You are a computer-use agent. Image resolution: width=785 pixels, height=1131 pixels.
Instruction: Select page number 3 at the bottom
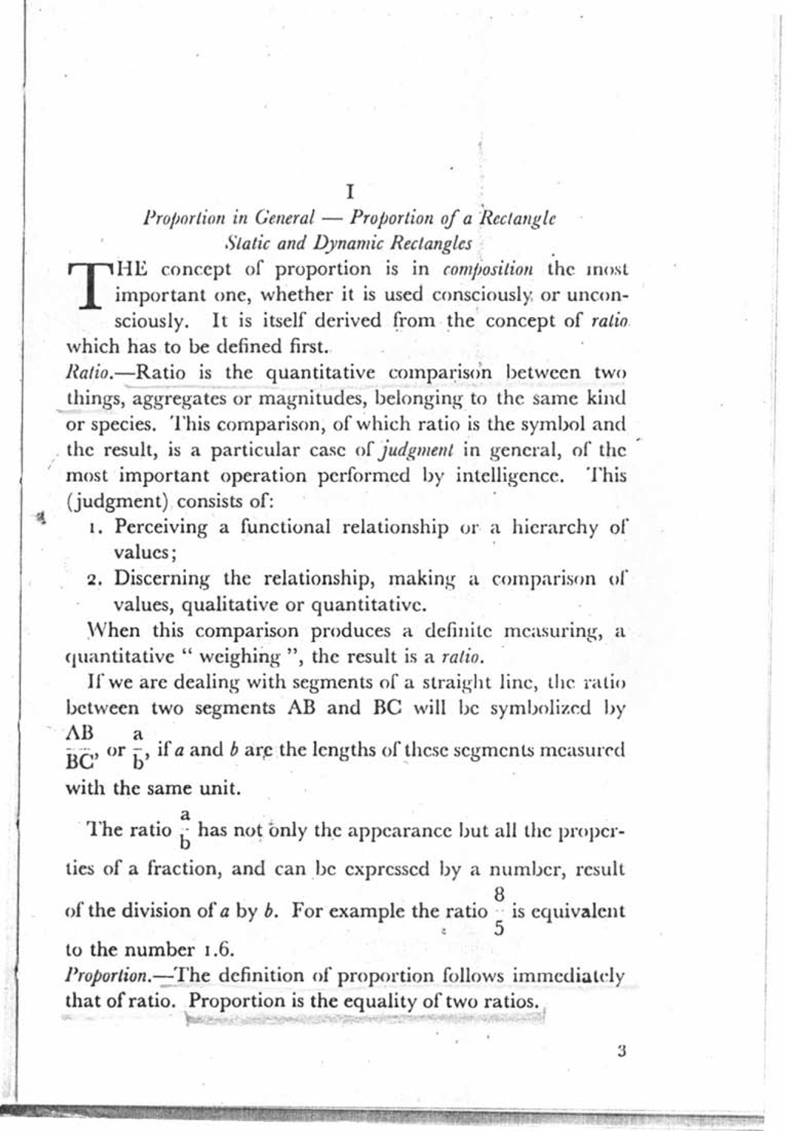[622, 1050]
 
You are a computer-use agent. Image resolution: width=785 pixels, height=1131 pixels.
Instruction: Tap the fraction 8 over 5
[499, 910]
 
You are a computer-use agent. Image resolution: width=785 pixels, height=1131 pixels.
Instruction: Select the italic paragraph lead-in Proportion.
[105, 976]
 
